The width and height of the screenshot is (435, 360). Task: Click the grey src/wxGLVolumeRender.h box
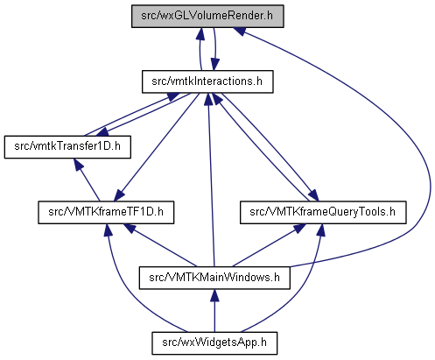[207, 16]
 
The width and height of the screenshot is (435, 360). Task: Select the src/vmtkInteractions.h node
[207, 81]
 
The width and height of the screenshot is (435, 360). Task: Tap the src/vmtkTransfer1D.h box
[67, 147]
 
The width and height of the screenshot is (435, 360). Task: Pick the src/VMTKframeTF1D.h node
[106, 212]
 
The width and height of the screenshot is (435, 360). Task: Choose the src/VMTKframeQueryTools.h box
[323, 212]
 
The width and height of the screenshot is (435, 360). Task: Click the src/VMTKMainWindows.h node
[214, 278]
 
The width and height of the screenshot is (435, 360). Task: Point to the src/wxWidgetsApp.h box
[214, 343]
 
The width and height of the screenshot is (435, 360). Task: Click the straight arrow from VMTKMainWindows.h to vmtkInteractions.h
[211, 180]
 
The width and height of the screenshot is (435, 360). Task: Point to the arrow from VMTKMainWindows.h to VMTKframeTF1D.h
[160, 245]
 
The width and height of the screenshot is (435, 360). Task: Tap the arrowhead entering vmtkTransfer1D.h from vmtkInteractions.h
[102, 132]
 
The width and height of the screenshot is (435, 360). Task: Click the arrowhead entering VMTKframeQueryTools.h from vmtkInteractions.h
[313, 195]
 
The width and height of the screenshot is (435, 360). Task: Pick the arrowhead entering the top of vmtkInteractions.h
[215, 64]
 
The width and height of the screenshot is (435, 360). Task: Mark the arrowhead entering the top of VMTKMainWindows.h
[214, 295]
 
